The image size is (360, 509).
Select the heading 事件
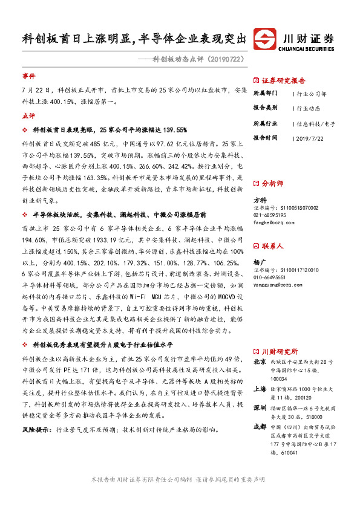(x=28, y=77)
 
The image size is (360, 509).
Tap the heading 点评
(x=28, y=115)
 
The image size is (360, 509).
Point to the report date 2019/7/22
(x=312, y=138)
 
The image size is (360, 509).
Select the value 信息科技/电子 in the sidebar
(x=315, y=123)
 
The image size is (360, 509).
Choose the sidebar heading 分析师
(x=272, y=182)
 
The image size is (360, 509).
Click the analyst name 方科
(x=259, y=199)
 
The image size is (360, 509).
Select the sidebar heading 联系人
(x=272, y=246)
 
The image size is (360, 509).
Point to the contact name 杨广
(x=259, y=264)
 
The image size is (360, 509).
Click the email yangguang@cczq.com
(x=281, y=286)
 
